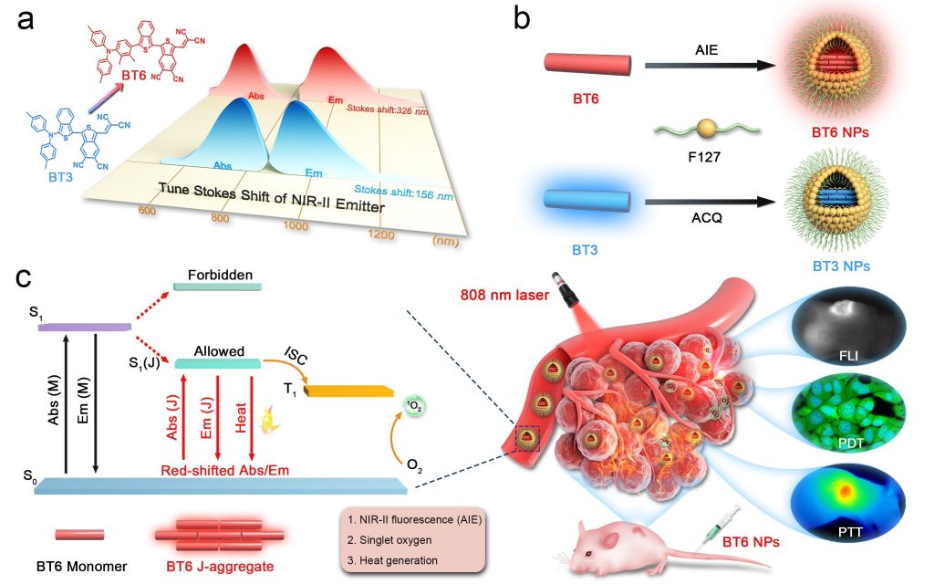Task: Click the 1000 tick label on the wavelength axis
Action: click(294, 224)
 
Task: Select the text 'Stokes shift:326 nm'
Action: click(387, 109)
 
